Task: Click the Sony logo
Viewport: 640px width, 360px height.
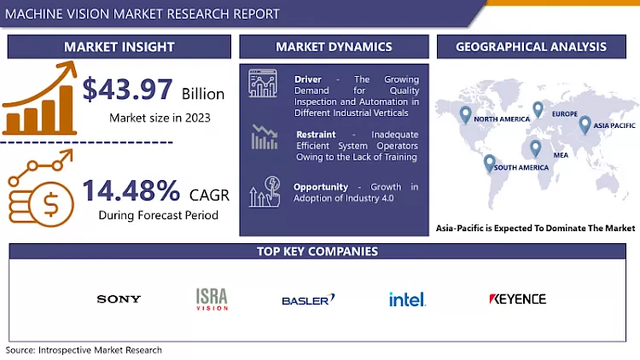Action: [x=119, y=299]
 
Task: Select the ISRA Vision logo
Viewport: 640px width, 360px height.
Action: [x=211, y=299]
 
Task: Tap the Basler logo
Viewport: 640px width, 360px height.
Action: [x=308, y=299]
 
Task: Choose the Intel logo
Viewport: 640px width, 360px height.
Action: [x=407, y=299]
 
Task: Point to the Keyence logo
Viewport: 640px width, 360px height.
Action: [x=517, y=299]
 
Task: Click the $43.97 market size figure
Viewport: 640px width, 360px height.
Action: [x=129, y=90]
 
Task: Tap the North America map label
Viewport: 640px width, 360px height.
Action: [x=501, y=119]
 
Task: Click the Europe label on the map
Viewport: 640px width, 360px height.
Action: [x=564, y=113]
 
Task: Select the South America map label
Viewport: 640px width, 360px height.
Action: [x=521, y=167]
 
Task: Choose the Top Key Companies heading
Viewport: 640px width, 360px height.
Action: [x=317, y=252]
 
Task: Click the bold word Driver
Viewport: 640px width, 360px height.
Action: [x=309, y=78]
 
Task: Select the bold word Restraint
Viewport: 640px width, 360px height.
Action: [x=316, y=134]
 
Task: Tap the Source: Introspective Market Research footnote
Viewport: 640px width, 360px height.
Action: [x=84, y=351]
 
